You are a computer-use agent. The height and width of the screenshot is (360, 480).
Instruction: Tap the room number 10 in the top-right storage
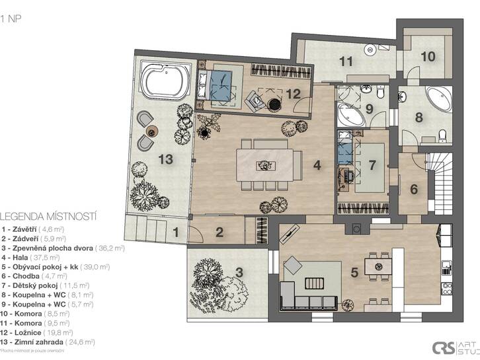pyautogui.click(x=428, y=56)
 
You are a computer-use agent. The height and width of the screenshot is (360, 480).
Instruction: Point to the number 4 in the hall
pyautogui.click(x=317, y=166)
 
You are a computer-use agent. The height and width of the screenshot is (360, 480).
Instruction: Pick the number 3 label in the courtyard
pyautogui.click(x=239, y=271)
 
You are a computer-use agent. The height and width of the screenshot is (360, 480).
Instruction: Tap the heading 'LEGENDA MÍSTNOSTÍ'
pyautogui.click(x=49, y=215)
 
